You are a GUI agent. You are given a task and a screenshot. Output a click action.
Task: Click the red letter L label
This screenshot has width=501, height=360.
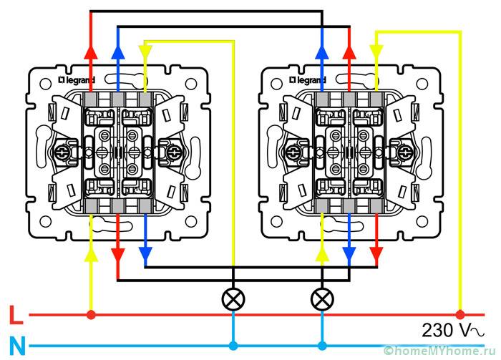click(14, 315)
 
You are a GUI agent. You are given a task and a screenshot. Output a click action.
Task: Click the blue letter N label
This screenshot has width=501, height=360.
click(16, 346)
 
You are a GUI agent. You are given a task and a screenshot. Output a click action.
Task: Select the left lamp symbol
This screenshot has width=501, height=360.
click(233, 298)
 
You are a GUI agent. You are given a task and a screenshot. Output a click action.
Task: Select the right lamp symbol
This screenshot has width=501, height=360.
click(323, 298)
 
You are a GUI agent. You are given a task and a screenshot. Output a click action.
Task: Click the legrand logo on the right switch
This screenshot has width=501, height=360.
click(310, 74)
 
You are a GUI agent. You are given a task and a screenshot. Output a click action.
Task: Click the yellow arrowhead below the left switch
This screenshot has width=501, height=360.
click(91, 253)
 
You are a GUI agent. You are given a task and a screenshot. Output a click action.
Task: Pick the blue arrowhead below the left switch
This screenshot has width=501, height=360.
click(145, 253)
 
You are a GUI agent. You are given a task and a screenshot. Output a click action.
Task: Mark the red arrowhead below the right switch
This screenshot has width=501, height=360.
click(376, 253)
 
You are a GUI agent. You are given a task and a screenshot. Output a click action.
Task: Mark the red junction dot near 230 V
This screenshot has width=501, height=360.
click(460, 314)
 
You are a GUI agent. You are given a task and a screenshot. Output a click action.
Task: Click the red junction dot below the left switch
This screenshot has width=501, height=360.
click(91, 314)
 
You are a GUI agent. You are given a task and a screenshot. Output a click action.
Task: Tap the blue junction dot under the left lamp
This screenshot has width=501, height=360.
click(233, 346)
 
